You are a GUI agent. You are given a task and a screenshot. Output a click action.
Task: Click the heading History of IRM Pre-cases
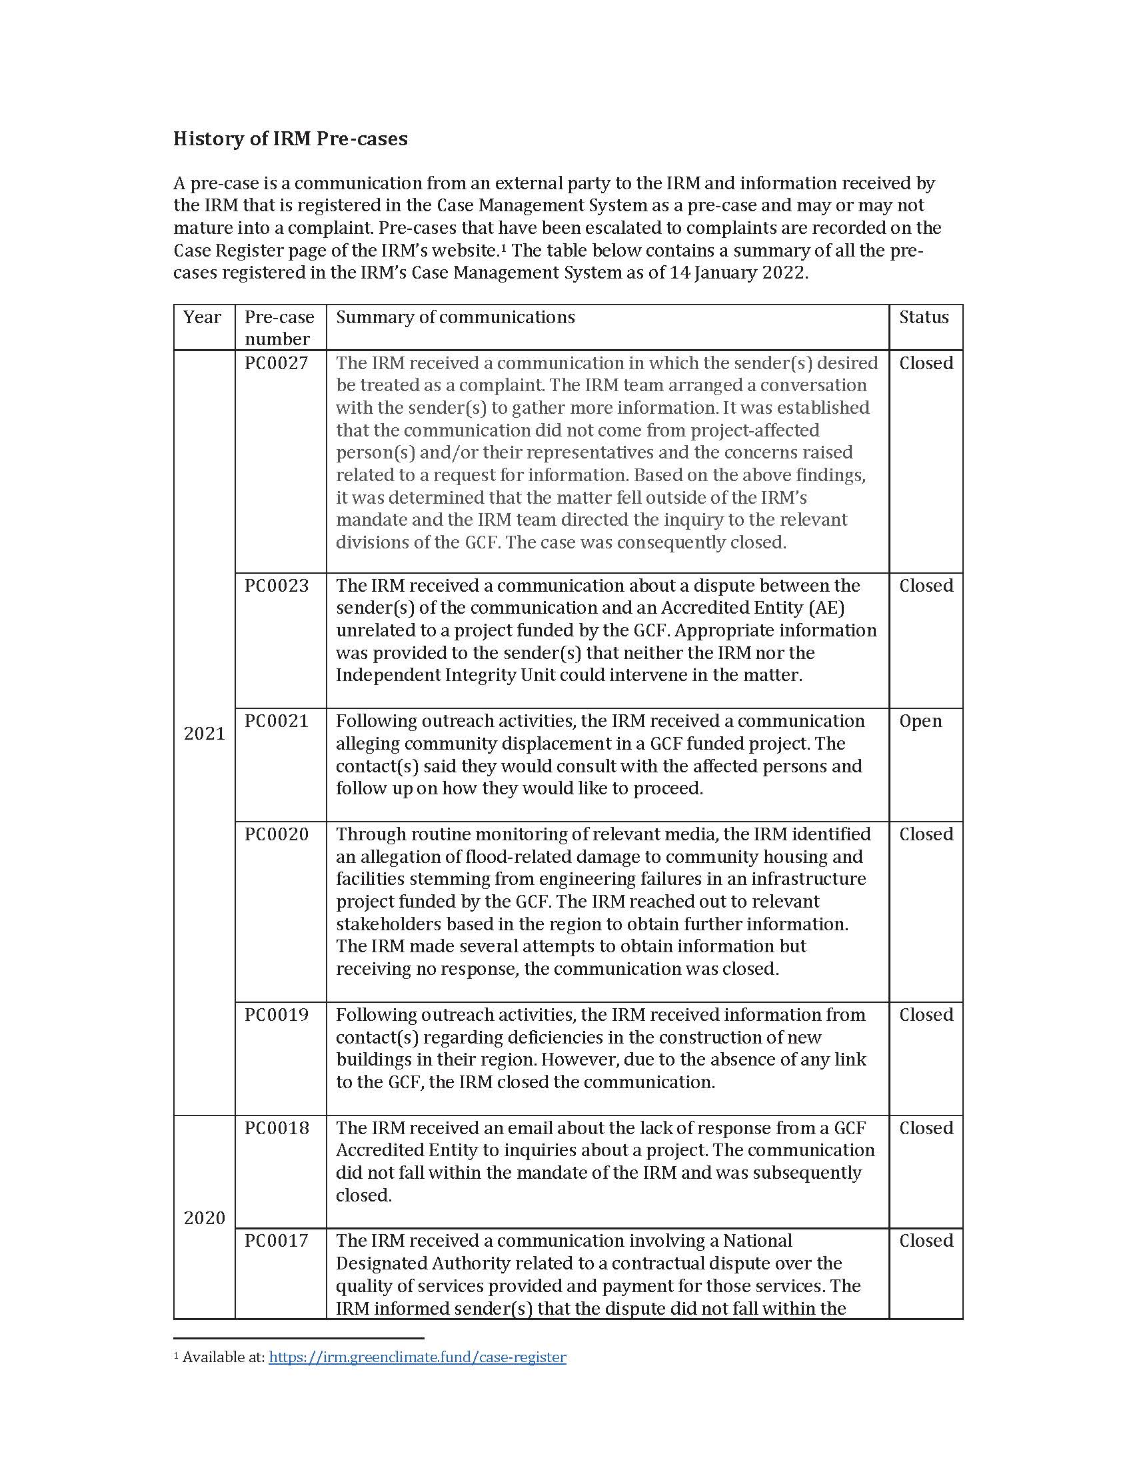[x=290, y=139]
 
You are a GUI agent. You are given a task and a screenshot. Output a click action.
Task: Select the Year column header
[x=202, y=317]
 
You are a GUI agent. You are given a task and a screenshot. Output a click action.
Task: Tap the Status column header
[x=924, y=317]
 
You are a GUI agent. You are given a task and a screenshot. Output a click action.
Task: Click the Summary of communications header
[x=455, y=317]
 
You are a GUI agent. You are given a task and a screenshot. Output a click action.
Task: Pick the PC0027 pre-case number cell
[x=276, y=363]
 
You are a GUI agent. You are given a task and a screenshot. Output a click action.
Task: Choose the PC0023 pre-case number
[x=276, y=585]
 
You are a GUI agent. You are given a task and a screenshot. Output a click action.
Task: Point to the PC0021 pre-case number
[x=276, y=721]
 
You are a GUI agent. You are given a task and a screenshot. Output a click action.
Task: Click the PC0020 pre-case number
[x=276, y=834]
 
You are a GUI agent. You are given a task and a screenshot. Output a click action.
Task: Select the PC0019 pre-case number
[x=276, y=1014]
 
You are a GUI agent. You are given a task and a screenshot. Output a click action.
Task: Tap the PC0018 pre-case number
[x=276, y=1127]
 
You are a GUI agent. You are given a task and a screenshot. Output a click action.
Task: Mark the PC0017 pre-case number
[x=276, y=1241]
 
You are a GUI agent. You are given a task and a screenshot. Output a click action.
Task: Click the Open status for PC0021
[x=920, y=721]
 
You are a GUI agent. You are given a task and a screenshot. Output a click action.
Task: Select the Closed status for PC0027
[x=926, y=363]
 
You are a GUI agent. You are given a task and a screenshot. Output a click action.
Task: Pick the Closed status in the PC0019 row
[x=926, y=1014]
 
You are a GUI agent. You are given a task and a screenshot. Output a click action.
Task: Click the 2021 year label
[x=204, y=734]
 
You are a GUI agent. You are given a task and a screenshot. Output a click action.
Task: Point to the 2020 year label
[x=204, y=1217]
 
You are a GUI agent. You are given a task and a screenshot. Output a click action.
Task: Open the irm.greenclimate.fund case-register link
[x=417, y=1357]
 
